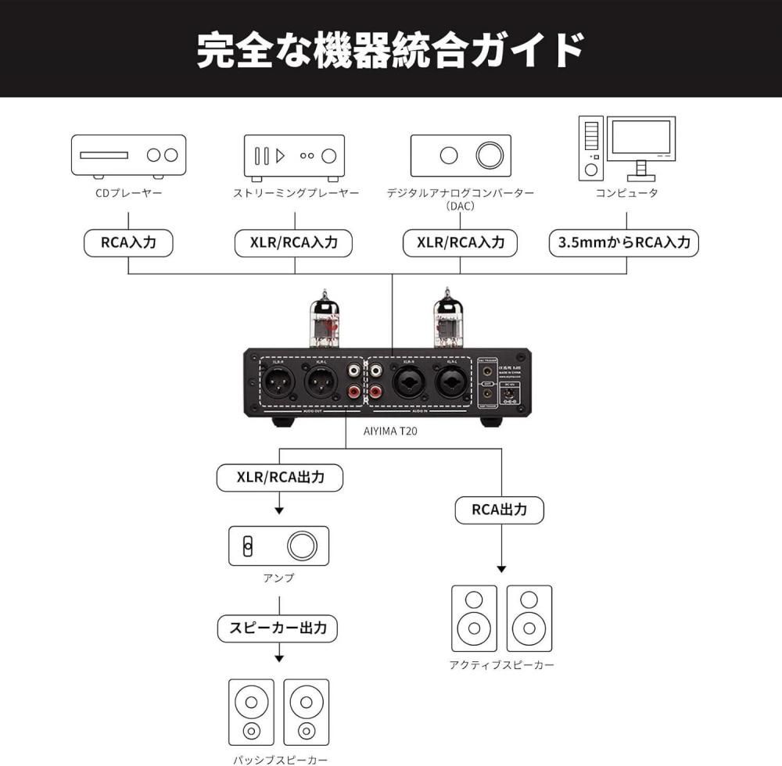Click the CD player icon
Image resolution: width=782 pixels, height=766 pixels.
click(128, 155)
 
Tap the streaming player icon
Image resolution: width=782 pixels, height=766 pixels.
click(294, 155)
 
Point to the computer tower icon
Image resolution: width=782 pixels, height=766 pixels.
click(591, 147)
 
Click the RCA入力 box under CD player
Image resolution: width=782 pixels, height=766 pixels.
click(128, 242)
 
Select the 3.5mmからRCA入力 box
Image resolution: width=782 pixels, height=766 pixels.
click(623, 242)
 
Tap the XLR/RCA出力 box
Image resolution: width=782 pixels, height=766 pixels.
click(279, 478)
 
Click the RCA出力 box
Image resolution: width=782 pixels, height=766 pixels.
click(499, 510)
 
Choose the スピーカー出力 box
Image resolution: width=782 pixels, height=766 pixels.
click(278, 627)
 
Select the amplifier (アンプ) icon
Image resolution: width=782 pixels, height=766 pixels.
click(278, 546)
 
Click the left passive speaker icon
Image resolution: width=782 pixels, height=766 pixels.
click(251, 711)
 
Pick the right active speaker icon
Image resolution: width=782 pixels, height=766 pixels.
click(529, 618)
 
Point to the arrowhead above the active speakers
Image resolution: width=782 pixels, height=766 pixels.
click(501, 569)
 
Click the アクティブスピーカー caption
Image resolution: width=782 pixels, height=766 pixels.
click(501, 665)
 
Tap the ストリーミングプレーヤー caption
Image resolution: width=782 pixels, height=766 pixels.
click(296, 193)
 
